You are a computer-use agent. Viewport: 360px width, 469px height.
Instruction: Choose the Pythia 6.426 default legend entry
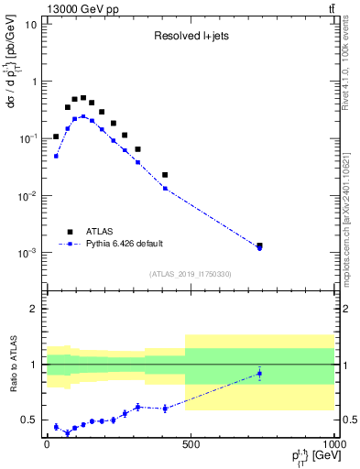coord(124,244)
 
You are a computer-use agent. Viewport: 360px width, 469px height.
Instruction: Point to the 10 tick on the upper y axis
coord(31,24)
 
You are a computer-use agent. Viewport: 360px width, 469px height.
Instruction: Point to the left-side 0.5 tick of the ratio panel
coord(30,420)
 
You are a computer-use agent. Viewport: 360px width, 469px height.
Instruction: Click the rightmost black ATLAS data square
coord(260,245)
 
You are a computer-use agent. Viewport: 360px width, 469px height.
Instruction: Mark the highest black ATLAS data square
coord(83,98)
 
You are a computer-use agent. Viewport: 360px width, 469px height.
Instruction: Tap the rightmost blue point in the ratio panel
coord(260,374)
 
